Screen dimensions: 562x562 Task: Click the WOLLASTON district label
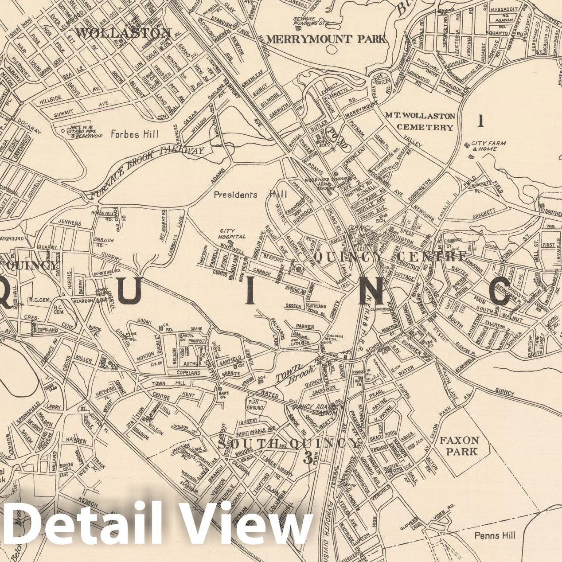[x=123, y=33]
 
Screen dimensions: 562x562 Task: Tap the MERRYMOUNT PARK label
[x=326, y=39]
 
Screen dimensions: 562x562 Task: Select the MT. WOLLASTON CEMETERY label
[x=420, y=121]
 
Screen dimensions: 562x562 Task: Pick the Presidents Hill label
[x=250, y=195]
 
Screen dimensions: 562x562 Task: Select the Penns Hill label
[x=495, y=535]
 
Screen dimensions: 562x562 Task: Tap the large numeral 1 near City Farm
[x=481, y=120]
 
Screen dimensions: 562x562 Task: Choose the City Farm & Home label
[x=484, y=146]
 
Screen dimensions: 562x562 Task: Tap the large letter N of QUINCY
[x=375, y=291]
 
